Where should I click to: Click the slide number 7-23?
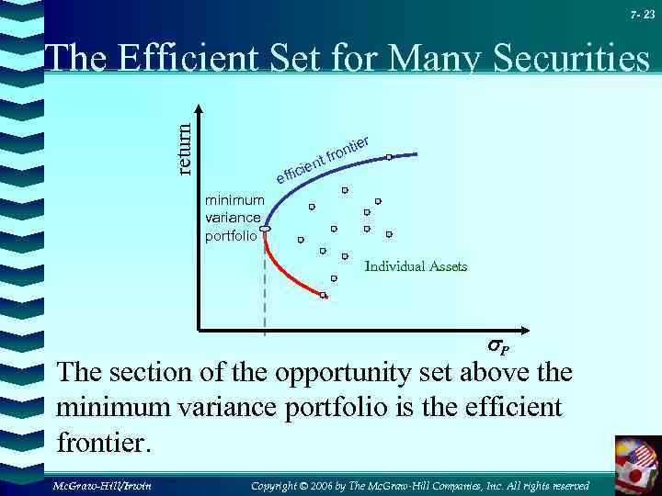pyautogui.click(x=643, y=14)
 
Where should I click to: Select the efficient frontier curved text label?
pyautogui.click(x=323, y=157)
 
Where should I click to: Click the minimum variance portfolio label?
pyautogui.click(x=234, y=218)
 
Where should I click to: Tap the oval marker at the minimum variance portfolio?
pyautogui.click(x=265, y=228)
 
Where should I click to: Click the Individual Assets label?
pyautogui.click(x=416, y=266)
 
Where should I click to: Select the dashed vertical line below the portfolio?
pyautogui.click(x=265, y=285)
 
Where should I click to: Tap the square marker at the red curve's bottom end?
pyautogui.click(x=323, y=295)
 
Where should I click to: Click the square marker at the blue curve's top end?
pyautogui.click(x=389, y=157)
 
